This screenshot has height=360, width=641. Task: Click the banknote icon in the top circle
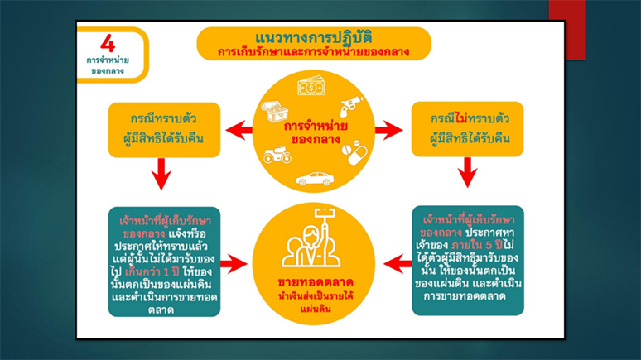[x=312, y=87]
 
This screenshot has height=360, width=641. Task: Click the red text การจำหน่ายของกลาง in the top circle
[x=315, y=132]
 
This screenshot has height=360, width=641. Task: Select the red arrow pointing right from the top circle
[x=388, y=129]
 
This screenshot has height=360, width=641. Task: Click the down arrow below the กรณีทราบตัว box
[x=162, y=173]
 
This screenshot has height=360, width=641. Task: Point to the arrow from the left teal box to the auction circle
[x=234, y=264]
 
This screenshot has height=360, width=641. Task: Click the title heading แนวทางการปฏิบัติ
[x=314, y=37]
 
